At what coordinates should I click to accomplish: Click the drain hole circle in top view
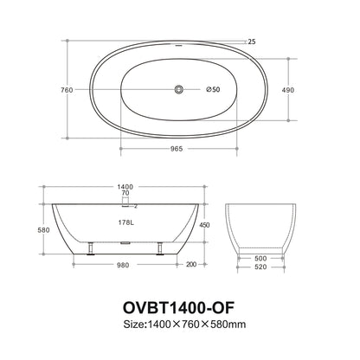(x=180, y=89)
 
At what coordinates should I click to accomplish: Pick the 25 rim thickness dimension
(x=252, y=40)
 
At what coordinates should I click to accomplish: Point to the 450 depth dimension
(x=205, y=226)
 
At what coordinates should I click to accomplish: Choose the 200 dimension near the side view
(x=190, y=265)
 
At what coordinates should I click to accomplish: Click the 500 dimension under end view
(x=260, y=258)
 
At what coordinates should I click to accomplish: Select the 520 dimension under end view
(x=260, y=267)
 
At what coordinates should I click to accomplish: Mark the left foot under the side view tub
(x=89, y=251)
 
